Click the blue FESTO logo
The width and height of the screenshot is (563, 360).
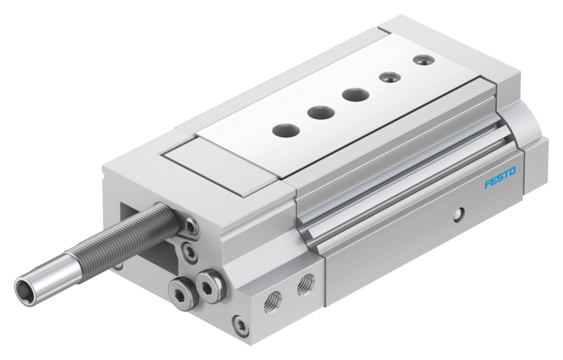pyautogui.click(x=500, y=177)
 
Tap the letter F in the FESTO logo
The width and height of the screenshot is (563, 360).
pyautogui.click(x=487, y=184)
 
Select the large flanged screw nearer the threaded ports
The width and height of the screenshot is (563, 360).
pyautogui.click(x=211, y=285)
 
